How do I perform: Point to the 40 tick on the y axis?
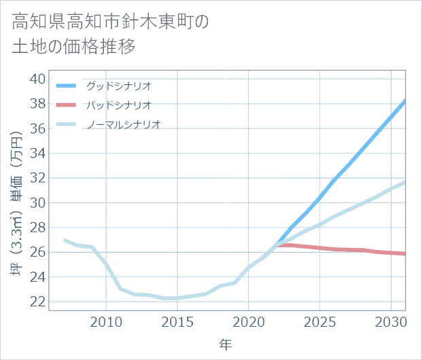(x=37, y=79)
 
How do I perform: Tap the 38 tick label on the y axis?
(x=37, y=103)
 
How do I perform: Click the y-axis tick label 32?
(x=37, y=178)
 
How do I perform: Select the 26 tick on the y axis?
(x=37, y=252)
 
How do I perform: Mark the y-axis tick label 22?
(x=37, y=302)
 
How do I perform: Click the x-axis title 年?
(x=226, y=345)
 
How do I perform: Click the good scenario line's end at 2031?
(x=405, y=101)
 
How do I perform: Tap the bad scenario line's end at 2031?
(x=405, y=254)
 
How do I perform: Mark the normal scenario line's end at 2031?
(x=405, y=182)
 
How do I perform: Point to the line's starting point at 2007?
(x=64, y=240)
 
